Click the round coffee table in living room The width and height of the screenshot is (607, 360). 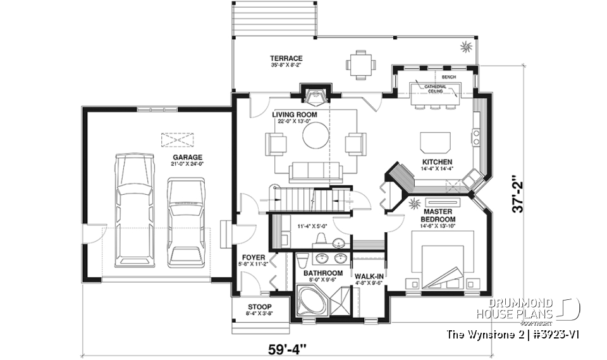316,135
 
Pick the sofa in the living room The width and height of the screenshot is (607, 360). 315,171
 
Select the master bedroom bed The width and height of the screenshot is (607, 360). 443,260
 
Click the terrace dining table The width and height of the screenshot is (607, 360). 360,64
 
